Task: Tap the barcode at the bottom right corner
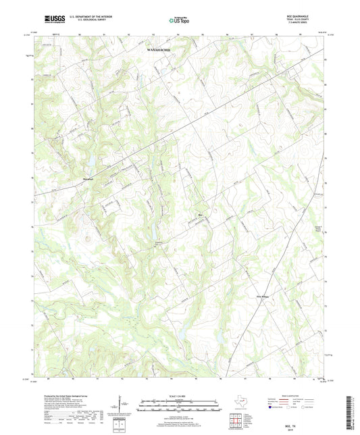pos(353,412)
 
